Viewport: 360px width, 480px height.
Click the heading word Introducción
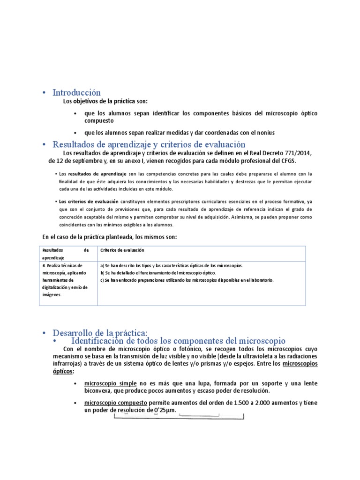tap(76, 93)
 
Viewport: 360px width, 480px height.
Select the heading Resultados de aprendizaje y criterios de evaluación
tap(149, 144)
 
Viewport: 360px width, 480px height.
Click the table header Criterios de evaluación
tap(122, 250)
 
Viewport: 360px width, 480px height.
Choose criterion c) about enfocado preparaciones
tap(187, 280)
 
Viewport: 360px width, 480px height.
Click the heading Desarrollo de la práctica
tap(100, 333)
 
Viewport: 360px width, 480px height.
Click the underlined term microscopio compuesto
tap(115, 403)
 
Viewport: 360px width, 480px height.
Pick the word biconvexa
tap(100, 390)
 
